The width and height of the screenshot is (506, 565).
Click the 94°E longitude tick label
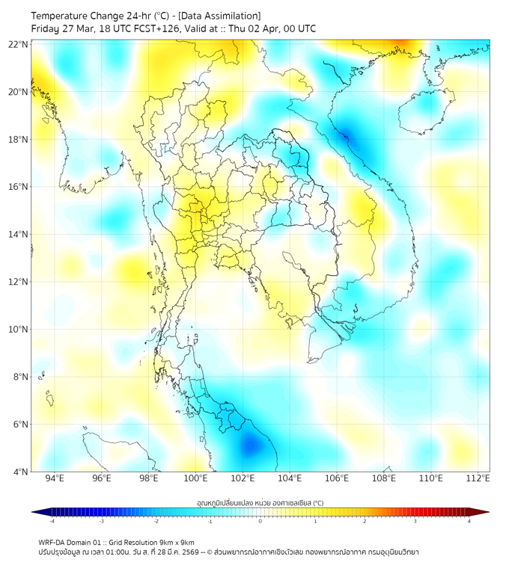pyautogui.click(x=55, y=479)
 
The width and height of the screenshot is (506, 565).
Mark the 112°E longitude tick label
pyautogui.click(x=478, y=479)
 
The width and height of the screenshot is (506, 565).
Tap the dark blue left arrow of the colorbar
pyautogui.click(x=35, y=512)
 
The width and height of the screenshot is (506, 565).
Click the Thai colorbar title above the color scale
pyautogui.click(x=260, y=502)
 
